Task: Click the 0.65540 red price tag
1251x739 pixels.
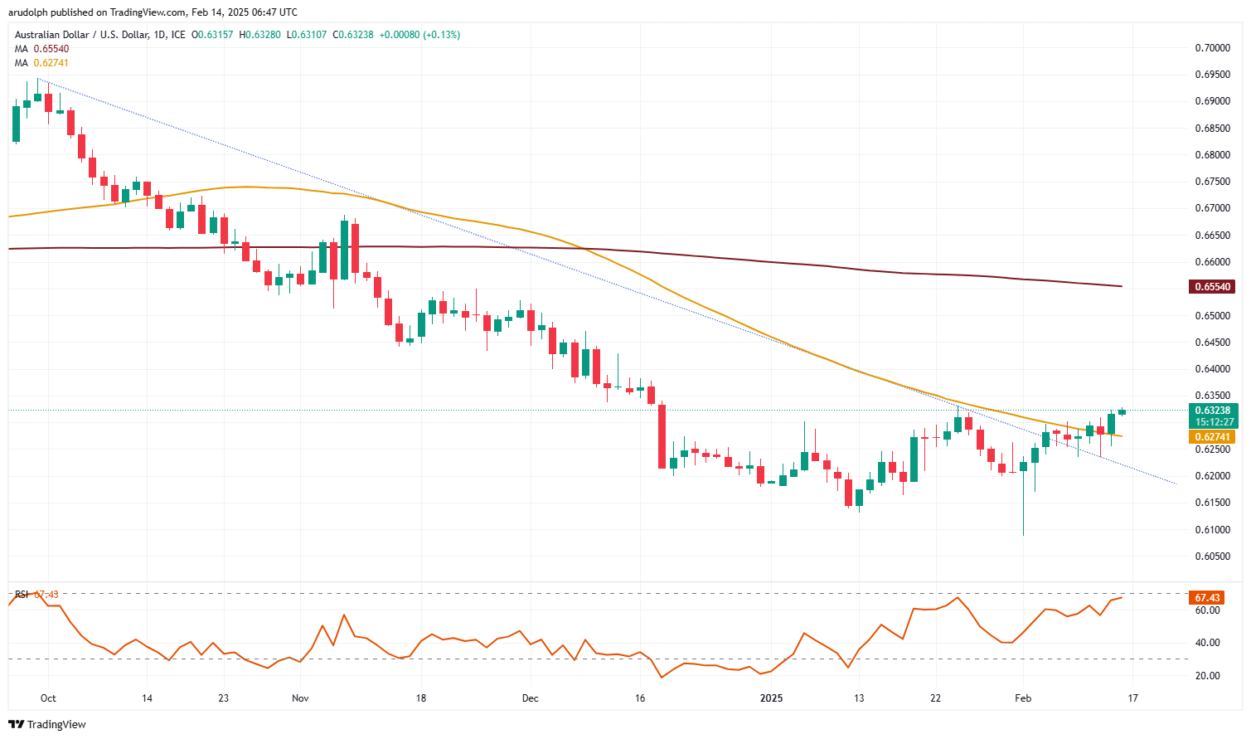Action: [x=1213, y=287]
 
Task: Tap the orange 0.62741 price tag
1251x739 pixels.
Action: [x=1213, y=437]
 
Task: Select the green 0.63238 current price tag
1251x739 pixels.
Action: [x=1213, y=410]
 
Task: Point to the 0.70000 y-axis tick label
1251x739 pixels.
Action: [x=1211, y=48]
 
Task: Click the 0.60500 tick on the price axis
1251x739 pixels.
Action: [x=1211, y=557]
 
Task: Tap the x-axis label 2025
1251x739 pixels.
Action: [x=772, y=698]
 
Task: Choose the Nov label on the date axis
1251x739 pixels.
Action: [x=300, y=698]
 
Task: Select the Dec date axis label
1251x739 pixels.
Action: [x=530, y=698]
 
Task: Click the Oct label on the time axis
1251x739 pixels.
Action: [x=48, y=698]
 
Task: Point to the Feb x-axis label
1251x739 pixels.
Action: [x=1023, y=698]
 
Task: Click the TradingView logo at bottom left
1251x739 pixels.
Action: [x=47, y=724]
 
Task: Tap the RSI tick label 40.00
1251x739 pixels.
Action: [x=1208, y=643]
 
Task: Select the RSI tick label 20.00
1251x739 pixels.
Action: [x=1208, y=676]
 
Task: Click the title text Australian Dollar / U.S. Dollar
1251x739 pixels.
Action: [x=82, y=35]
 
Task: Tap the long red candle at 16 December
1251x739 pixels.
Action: [x=662, y=436]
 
